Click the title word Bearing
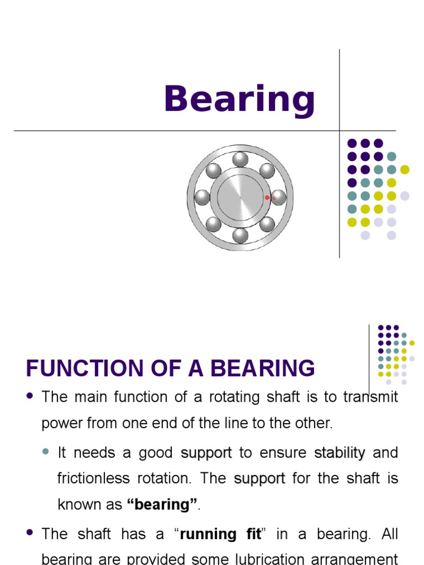point(239,100)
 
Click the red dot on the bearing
point(267,198)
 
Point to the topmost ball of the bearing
point(240,159)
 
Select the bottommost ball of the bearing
point(240,235)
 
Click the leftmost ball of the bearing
point(203,197)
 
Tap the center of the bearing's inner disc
point(240,197)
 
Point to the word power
point(59,424)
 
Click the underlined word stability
point(340,453)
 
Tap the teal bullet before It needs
point(46,452)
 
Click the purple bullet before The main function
point(30,396)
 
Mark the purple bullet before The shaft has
point(30,533)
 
